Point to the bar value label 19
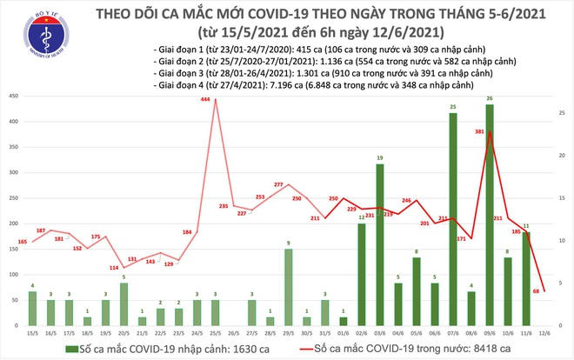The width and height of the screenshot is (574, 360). point(379,157)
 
